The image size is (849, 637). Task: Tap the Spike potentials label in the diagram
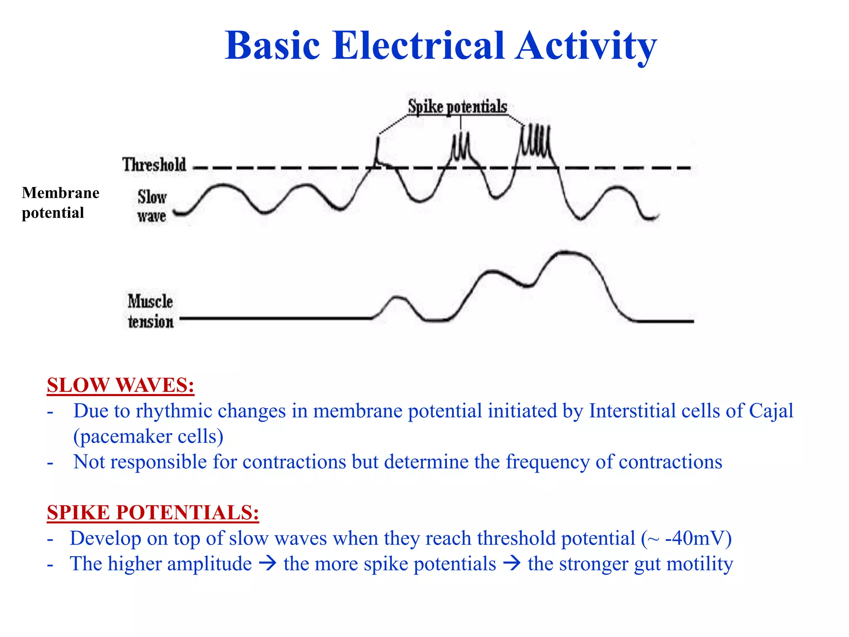click(x=457, y=107)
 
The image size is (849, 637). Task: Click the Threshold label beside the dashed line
click(x=154, y=165)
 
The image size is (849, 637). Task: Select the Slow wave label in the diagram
click(x=152, y=206)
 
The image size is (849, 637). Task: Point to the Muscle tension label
click(x=150, y=311)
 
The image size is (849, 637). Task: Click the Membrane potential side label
click(x=61, y=202)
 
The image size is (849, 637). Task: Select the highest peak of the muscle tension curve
click(x=566, y=252)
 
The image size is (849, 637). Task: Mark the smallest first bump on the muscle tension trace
click(x=397, y=297)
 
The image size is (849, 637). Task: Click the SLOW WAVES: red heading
click(x=120, y=385)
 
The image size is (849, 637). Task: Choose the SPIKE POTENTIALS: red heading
click(x=153, y=512)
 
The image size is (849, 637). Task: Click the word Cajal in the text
click(x=771, y=411)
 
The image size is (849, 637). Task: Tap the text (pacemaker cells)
click(x=148, y=436)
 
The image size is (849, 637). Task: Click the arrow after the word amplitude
click(x=267, y=564)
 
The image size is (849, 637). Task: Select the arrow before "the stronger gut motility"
click(x=512, y=564)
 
